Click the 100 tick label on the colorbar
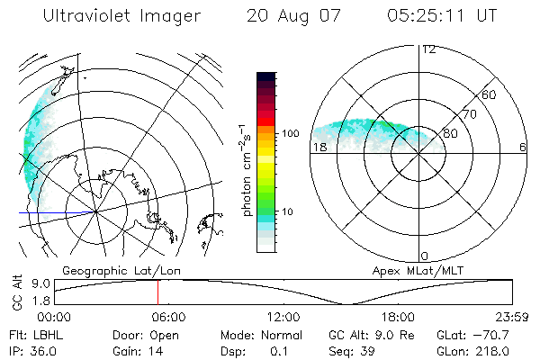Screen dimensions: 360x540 (289, 133)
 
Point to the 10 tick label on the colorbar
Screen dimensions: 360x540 (290, 211)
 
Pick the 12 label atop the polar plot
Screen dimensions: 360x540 (428, 49)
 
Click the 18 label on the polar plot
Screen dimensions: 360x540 (319, 148)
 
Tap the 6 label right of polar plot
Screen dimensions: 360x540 (523, 148)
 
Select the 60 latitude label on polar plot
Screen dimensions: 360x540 (490, 94)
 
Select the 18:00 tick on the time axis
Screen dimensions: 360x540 (399, 317)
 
